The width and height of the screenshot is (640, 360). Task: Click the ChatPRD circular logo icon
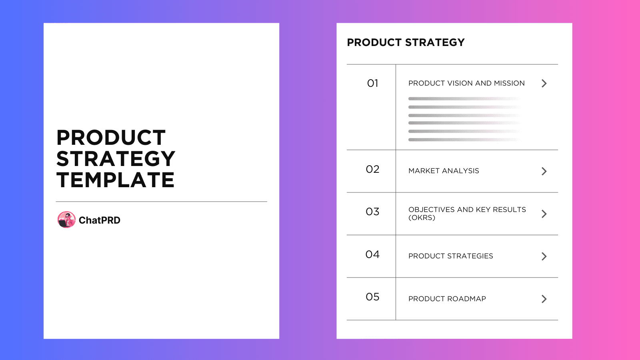[x=66, y=220]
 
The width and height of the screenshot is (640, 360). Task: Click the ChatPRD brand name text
[x=99, y=220]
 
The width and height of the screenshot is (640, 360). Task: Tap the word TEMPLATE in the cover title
[x=115, y=180]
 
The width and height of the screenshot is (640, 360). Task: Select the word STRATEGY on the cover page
[x=116, y=159]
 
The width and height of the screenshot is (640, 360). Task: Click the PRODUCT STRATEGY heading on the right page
[x=406, y=42]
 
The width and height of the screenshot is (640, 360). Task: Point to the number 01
[x=372, y=83]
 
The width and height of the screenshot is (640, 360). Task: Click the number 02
[x=372, y=169]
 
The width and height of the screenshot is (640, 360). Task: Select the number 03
[x=372, y=212]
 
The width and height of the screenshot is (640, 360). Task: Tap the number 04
[x=372, y=254]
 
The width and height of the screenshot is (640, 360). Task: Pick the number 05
[x=372, y=297]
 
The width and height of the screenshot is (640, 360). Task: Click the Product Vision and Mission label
[x=466, y=83]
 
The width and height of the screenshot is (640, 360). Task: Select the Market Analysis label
[x=444, y=171]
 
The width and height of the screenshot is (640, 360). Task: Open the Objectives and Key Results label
[x=467, y=210]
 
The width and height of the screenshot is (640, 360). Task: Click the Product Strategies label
[x=450, y=256]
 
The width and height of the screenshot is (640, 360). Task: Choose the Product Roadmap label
[x=447, y=299]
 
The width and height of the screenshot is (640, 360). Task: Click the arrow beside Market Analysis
[x=544, y=171]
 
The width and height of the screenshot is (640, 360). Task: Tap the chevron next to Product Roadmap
[x=544, y=299]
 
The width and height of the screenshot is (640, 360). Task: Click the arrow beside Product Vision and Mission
[x=544, y=83]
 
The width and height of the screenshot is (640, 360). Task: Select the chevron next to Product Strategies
[x=544, y=256]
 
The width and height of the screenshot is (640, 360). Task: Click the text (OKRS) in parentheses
[x=422, y=218]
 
